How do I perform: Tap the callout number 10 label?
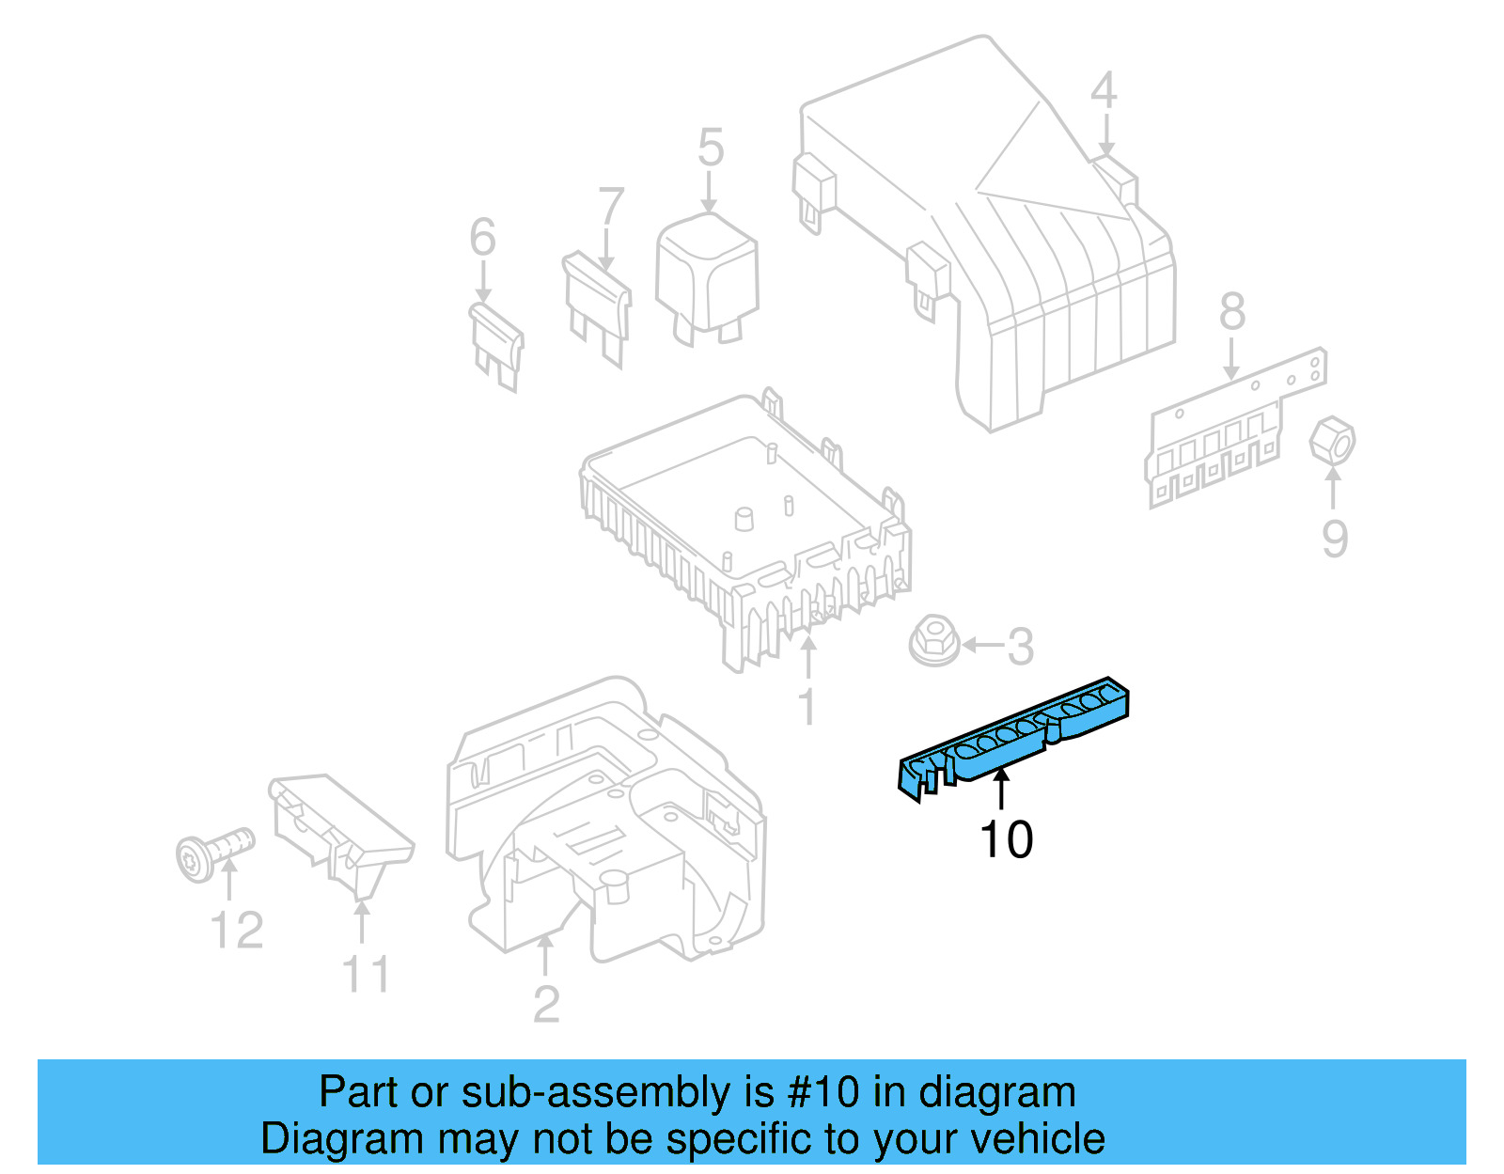pos(1006,839)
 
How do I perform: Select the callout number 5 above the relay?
pos(711,149)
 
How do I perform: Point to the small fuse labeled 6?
pos(495,344)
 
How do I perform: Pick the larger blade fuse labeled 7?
pos(598,305)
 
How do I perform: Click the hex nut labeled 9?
pos(1333,441)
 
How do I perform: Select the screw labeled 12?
pos(213,851)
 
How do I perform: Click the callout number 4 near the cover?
pos(1104,91)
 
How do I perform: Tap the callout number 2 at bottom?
pos(546,1004)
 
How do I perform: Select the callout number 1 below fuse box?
pos(807,706)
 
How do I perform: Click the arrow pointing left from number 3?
pos(982,645)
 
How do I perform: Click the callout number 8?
pos(1231,311)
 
